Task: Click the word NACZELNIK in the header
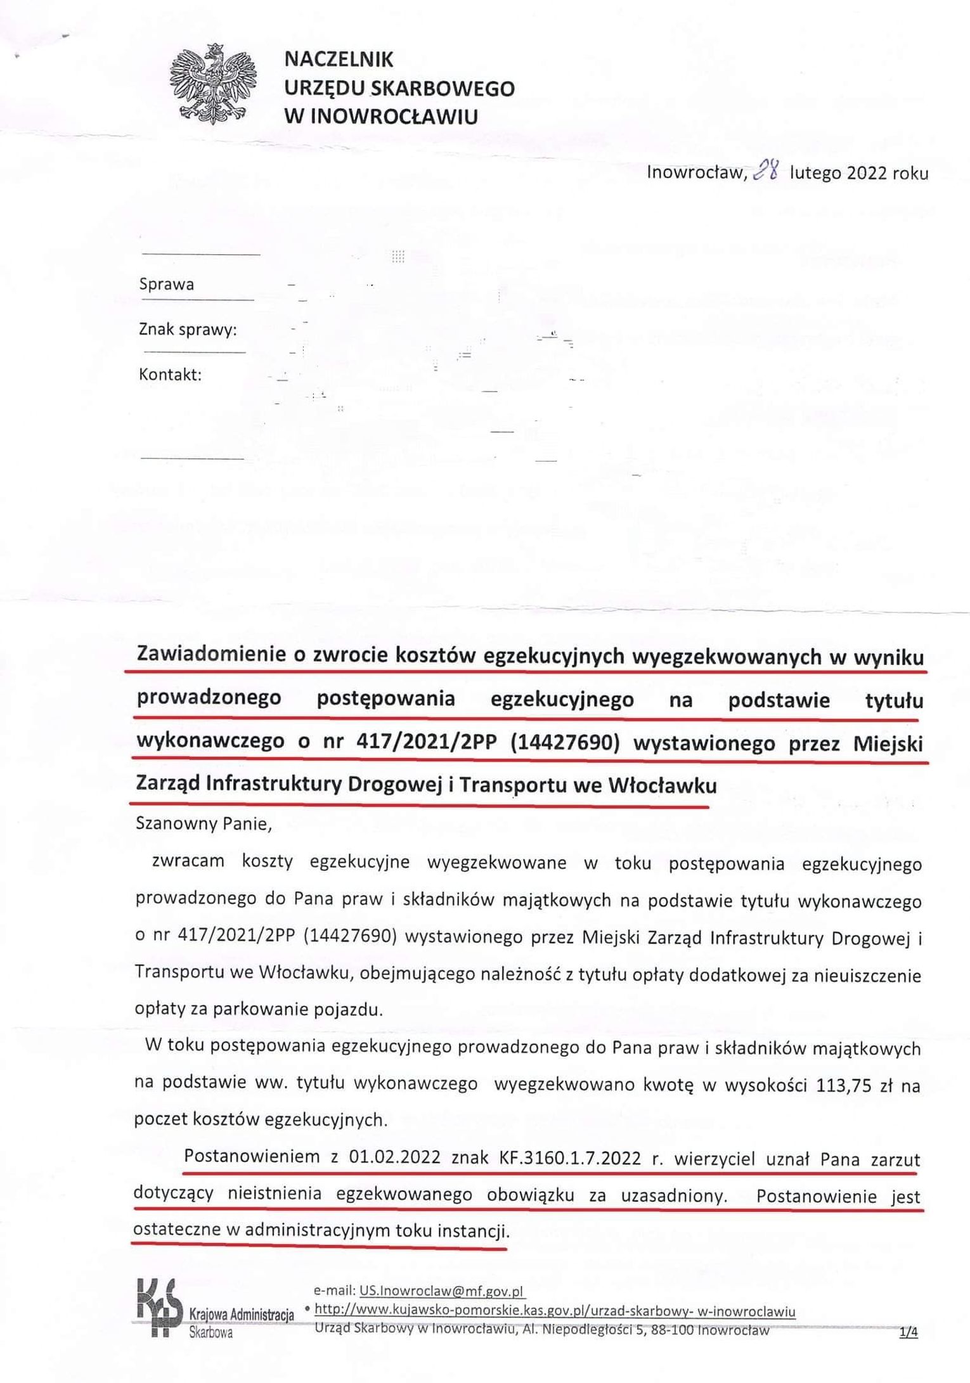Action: [339, 60]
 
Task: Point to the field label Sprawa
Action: [166, 284]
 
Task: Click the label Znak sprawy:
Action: [187, 330]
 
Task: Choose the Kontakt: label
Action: [170, 375]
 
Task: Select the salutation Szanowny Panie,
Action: [204, 824]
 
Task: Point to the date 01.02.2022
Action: [394, 1157]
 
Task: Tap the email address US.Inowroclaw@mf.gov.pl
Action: [442, 1290]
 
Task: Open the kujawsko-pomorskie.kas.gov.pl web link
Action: [555, 1311]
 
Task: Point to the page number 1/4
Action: [908, 1333]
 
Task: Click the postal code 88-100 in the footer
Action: [672, 1330]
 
